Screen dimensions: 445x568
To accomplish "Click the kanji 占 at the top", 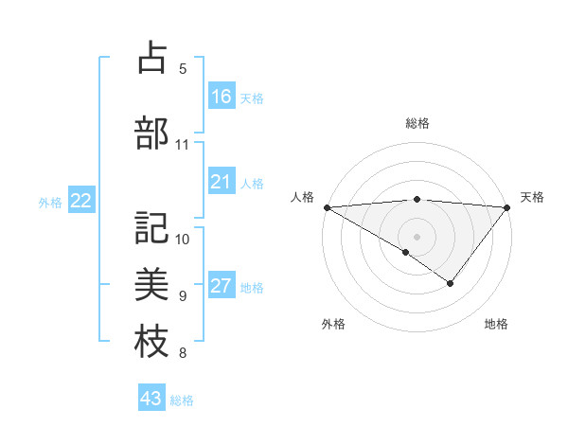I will [x=151, y=58].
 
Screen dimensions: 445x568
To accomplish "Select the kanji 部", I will [x=151, y=133].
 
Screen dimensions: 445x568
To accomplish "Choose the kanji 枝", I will [x=151, y=342].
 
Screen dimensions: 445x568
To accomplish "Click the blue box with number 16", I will [x=222, y=97].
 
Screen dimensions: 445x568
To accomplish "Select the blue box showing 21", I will [x=222, y=182].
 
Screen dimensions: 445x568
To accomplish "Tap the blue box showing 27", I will [x=222, y=286].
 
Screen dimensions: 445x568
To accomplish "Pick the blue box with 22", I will [x=81, y=201].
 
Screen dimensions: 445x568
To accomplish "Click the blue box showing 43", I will [x=151, y=399].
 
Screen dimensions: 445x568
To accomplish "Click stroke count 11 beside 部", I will [x=183, y=145].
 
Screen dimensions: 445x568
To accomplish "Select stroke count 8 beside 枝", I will [x=183, y=354].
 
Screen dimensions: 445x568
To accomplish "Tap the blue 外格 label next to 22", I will [x=50, y=202].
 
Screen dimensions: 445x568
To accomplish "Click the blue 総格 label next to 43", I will [x=182, y=400].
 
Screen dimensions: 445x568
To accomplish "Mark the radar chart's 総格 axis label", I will [x=417, y=123].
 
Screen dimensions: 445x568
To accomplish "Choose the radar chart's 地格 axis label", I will [x=496, y=325].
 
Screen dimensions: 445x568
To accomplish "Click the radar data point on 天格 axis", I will [x=507, y=206].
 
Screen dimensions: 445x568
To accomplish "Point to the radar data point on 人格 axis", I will [x=326, y=206].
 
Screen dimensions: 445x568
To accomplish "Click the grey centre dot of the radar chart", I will [x=417, y=236].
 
